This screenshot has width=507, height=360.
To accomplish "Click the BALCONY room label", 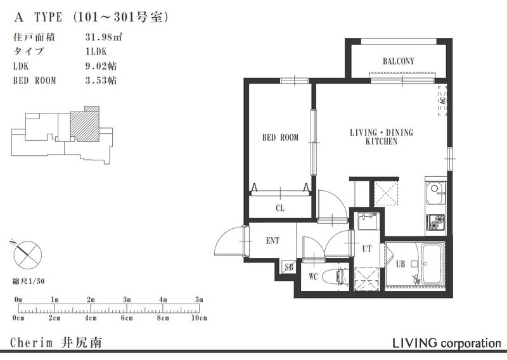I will click(398, 61).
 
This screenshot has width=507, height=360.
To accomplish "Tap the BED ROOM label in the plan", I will click(280, 138).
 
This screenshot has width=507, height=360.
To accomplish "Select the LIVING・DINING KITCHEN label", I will click(381, 137).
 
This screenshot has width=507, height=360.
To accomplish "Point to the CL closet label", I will click(279, 207).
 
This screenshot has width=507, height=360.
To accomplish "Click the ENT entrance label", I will click(273, 241).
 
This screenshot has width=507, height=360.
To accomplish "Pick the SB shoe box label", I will click(289, 267).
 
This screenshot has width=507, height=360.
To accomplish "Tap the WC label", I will click(313, 277).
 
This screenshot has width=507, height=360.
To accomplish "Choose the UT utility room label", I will click(366, 249).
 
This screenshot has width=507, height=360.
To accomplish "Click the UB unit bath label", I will click(400, 264).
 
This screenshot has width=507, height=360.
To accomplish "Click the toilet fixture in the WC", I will click(334, 276).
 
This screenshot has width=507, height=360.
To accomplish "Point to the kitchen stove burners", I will click(436, 222).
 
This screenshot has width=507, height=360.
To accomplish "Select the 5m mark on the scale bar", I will click(199, 299).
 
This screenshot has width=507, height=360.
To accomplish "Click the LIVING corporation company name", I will click(447, 343).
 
